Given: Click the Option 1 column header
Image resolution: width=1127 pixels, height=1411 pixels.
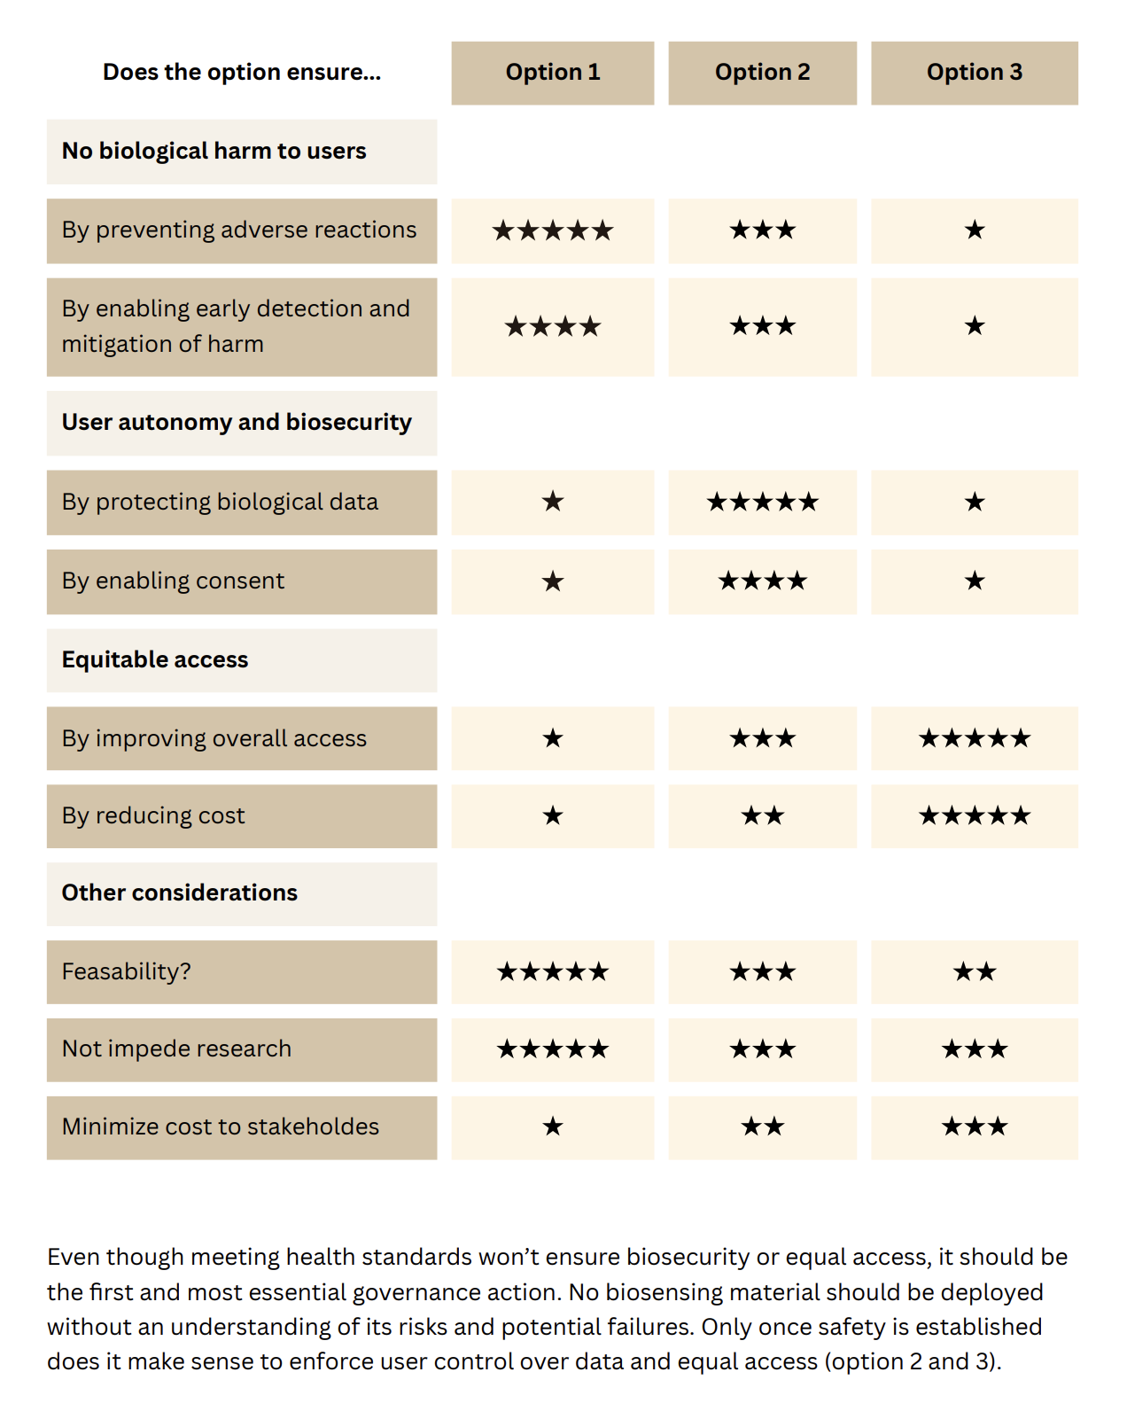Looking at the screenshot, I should (552, 73).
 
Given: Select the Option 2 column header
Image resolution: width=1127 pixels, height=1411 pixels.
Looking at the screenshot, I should (762, 73).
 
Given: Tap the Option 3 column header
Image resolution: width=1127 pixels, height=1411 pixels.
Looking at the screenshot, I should (974, 73).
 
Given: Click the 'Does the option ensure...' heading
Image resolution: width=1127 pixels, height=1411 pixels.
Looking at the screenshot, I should (242, 73).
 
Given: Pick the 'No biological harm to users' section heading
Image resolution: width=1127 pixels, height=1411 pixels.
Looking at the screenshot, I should (214, 152).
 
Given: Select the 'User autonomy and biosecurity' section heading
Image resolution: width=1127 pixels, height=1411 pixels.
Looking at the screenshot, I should (237, 423).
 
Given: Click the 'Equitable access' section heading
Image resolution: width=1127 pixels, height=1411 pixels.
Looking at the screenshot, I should (155, 660).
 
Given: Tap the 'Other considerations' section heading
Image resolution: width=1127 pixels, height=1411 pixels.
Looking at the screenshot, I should (180, 893).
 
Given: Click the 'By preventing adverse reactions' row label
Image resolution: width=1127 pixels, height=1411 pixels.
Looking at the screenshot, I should (239, 230).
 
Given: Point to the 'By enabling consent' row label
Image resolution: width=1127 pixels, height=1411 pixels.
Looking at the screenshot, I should (174, 581).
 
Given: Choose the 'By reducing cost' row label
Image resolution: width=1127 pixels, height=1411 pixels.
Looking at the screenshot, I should (153, 816).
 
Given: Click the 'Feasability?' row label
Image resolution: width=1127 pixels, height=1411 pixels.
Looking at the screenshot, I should (127, 972).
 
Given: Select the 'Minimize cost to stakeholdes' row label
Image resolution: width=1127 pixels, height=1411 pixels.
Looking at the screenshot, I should (221, 1127).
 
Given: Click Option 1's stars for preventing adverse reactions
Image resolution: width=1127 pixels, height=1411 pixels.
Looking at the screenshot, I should (552, 231).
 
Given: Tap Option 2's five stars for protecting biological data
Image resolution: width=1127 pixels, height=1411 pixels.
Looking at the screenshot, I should (762, 503).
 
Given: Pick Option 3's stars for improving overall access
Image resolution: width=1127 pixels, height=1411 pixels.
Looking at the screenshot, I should (974, 738).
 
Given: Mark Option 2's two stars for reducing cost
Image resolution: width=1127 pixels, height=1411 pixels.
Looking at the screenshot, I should (762, 816).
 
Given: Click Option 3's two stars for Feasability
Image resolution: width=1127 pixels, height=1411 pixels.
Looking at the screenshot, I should (974, 972).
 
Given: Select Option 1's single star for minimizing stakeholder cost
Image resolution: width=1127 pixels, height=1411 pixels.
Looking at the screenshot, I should (552, 1127).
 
